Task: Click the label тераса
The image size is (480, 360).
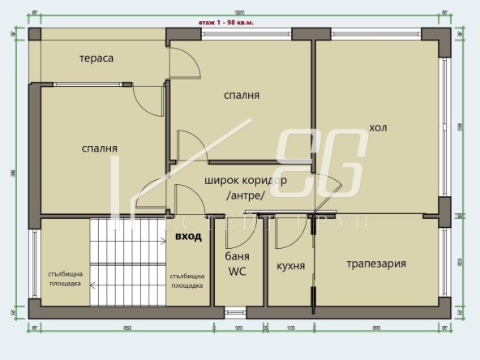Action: click(x=96, y=58)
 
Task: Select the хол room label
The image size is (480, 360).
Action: click(x=378, y=127)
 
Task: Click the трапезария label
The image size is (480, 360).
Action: click(x=376, y=264)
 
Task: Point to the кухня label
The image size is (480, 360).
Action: click(x=290, y=265)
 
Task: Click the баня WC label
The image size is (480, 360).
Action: click(x=237, y=264)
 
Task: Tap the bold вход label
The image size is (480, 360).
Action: click(x=188, y=237)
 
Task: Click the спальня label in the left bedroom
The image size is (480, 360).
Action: click(x=100, y=148)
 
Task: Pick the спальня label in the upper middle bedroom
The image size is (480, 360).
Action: click(x=242, y=95)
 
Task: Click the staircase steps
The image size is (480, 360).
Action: click(x=127, y=259)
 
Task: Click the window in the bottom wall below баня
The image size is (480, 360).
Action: click(x=235, y=309)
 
